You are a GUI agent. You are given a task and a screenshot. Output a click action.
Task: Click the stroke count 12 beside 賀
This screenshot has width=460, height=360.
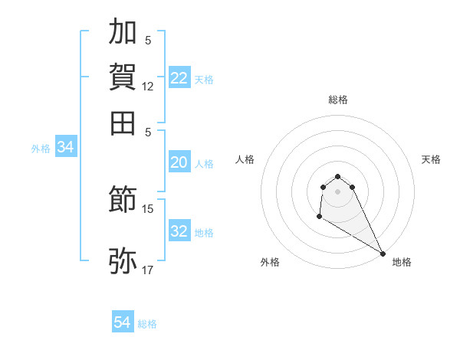148,87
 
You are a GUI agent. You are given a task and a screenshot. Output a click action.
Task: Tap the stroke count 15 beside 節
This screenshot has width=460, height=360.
148,208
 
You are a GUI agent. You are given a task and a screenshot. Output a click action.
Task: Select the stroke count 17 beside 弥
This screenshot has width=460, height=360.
148,270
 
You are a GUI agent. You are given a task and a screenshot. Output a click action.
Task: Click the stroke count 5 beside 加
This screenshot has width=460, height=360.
148,41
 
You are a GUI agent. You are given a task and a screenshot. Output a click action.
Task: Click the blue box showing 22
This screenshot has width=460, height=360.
179,78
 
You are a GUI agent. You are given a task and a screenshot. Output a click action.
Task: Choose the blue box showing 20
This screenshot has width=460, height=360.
179,162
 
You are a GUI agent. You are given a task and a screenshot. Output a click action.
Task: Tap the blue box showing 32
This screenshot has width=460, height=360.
179,231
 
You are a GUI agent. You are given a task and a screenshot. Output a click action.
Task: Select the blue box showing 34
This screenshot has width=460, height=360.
65,148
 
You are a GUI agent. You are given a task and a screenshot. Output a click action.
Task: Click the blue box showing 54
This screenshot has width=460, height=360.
123,322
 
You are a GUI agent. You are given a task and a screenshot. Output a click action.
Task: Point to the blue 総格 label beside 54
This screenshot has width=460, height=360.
147,324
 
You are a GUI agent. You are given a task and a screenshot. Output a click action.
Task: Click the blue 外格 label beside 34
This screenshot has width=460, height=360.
41,149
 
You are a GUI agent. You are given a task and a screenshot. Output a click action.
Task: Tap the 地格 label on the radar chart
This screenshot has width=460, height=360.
402,262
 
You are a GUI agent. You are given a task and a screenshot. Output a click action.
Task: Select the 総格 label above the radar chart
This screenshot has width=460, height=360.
337,100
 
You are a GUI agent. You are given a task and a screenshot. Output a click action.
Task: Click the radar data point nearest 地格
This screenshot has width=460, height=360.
383,254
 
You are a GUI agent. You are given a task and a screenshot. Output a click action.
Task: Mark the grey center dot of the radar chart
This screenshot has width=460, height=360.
337,191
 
